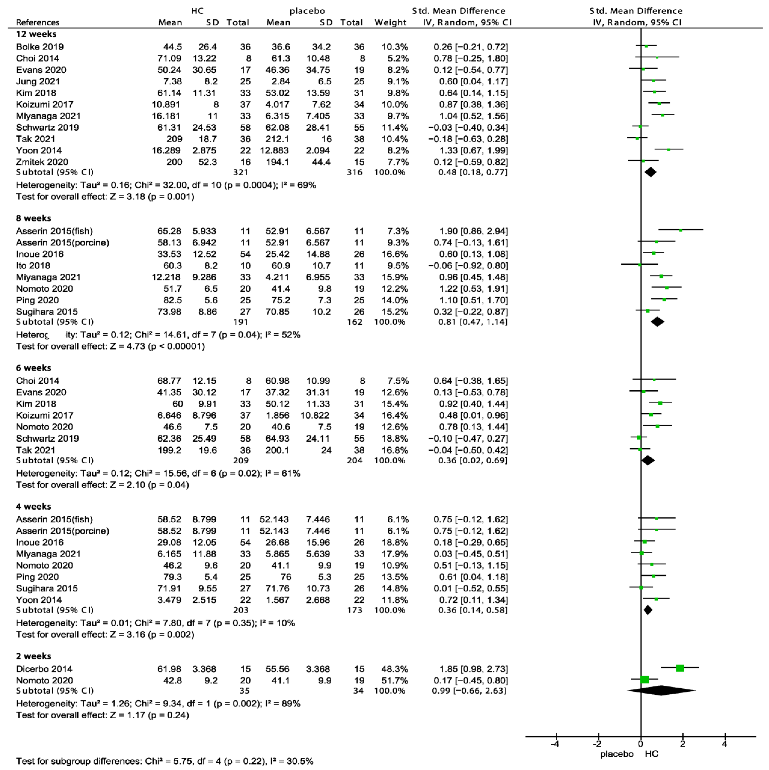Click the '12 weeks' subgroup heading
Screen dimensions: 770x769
coord(36,34)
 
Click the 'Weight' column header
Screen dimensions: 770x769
coord(390,23)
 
